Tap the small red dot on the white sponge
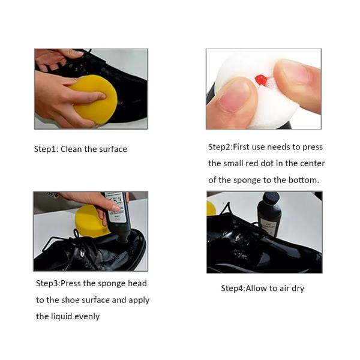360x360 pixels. pos(261,80)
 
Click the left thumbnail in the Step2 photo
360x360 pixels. pos(233,96)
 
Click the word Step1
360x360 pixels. pos(46,149)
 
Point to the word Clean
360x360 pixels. pos(71,149)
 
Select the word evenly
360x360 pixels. pos(87,317)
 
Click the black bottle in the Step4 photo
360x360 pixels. pos(269,214)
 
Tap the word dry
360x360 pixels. pos(298,289)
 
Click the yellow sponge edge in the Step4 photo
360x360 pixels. pos(211,208)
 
